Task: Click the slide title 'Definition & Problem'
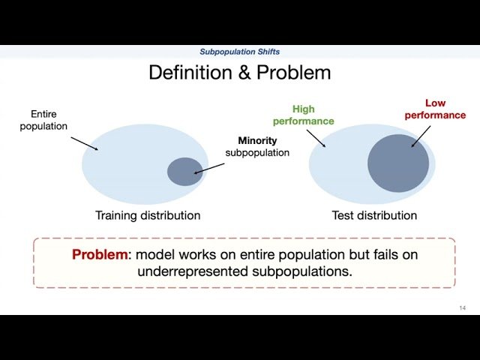click(x=239, y=73)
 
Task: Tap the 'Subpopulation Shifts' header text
click(x=239, y=52)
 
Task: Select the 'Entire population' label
click(x=49, y=120)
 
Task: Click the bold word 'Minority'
click(x=257, y=140)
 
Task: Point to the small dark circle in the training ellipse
click(x=184, y=171)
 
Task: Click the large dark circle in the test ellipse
click(x=397, y=163)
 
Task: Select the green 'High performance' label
click(x=303, y=115)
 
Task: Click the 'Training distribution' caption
click(x=148, y=215)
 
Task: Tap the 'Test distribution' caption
click(x=374, y=215)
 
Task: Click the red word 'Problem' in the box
click(x=100, y=255)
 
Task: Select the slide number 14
click(x=462, y=308)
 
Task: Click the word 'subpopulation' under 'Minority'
click(x=257, y=153)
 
